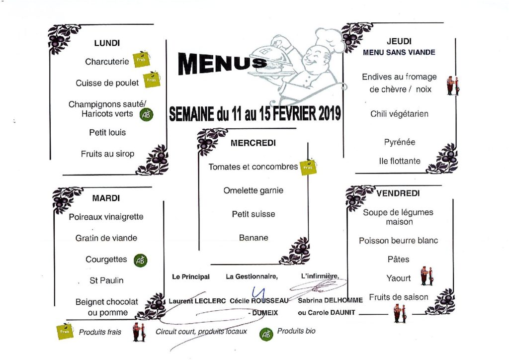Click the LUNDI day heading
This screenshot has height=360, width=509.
[107, 43]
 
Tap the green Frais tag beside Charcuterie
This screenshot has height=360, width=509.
[142, 59]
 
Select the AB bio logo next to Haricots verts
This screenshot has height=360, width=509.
[146, 114]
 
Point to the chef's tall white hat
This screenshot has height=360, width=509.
[330, 39]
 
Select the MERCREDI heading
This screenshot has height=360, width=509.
[253, 143]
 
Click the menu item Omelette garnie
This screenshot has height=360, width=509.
[253, 190]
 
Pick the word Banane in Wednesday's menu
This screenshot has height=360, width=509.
[254, 238]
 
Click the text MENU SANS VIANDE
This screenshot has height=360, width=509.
[399, 52]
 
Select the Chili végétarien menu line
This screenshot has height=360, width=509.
[399, 114]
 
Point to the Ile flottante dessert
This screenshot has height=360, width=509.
[400, 161]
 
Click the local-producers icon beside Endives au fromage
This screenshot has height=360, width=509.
[453, 86]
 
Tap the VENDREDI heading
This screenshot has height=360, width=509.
[398, 193]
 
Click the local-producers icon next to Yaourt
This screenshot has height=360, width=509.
[427, 276]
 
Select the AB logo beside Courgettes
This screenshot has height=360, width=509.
[141, 261]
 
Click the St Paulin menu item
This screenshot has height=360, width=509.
[106, 280]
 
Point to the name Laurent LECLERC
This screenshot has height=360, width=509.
[197, 301]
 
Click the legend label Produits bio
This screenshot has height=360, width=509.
[296, 331]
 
